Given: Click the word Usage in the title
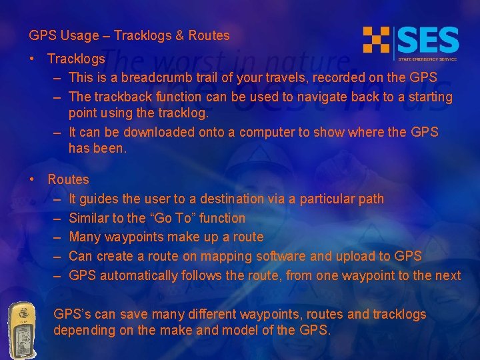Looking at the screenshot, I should [76, 36].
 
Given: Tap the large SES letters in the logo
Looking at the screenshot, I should [428, 41].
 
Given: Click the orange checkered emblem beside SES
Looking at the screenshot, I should [376, 40].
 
